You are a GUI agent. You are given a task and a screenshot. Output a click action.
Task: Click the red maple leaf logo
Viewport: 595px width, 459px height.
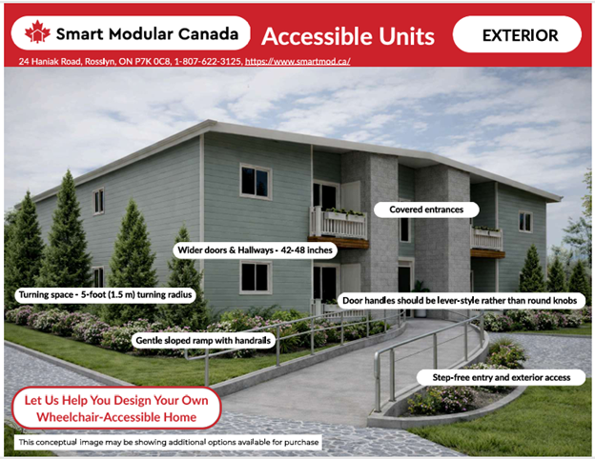[36, 34]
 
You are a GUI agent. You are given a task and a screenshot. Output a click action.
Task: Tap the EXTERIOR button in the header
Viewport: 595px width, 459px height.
[516, 35]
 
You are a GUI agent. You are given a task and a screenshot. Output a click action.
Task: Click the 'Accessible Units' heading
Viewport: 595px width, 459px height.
[348, 36]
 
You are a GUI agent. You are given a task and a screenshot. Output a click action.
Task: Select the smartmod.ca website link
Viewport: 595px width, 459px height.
[297, 62]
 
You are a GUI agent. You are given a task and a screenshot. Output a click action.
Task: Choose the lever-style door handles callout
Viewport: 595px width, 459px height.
[462, 300]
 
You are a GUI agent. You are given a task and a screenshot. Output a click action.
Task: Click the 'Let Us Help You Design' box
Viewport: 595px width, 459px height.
[115, 409]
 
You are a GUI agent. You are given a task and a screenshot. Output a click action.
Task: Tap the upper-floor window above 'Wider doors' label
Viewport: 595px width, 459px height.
[255, 181]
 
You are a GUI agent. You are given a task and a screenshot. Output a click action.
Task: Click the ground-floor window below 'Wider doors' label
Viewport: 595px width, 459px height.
[255, 277]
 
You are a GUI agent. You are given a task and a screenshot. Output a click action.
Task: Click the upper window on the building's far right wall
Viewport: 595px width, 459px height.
[524, 222]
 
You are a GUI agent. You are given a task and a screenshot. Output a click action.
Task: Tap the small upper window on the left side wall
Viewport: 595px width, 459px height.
[98, 200]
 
